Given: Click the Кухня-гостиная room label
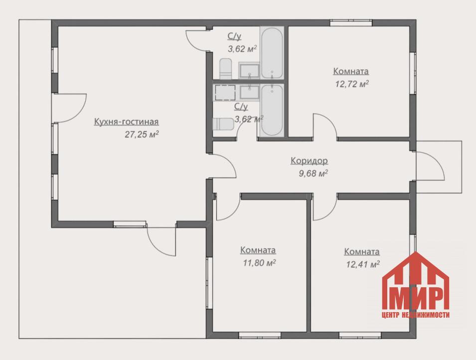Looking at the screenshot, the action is click(126, 121).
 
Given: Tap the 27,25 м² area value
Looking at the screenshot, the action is click(142, 134).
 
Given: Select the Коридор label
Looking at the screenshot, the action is click(309, 161).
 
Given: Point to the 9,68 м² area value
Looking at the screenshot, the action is click(314, 173).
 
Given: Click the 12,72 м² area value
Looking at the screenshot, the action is click(352, 84).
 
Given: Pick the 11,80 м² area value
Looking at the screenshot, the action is click(259, 262).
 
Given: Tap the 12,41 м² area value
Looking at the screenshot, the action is click(363, 264).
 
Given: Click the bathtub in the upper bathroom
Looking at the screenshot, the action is click(272, 53).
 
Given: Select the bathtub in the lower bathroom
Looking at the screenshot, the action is click(272, 111).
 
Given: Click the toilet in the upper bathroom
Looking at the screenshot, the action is click(225, 69).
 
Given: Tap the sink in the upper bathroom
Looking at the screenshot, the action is click(249, 71).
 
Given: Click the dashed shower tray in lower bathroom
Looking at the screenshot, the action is click(225, 93).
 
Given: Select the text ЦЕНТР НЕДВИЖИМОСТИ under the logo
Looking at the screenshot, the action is click(416, 315).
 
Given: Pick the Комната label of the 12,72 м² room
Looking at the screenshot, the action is click(351, 71).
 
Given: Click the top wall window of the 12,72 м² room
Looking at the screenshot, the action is click(351, 23).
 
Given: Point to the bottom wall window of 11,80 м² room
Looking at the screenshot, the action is click(260, 335).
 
